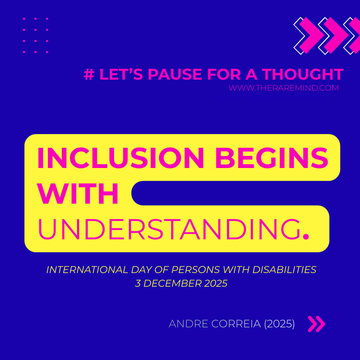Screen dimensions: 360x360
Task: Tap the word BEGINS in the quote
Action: pyautogui.click(x=272, y=158)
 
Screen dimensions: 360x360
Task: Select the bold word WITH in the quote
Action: pyautogui.click(x=77, y=193)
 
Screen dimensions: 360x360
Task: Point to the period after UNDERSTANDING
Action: pyautogui.click(x=306, y=236)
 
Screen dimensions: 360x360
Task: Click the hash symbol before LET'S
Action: pyautogui.click(x=89, y=74)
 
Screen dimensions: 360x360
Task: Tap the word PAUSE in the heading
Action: pyautogui.click(x=175, y=74)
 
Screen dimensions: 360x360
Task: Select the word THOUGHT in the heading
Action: pyautogui.click(x=303, y=74)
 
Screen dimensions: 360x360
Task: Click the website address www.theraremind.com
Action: pyautogui.click(x=284, y=88)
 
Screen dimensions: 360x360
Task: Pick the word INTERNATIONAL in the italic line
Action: pyautogui.click(x=87, y=270)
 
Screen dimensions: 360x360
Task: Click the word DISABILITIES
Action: pyautogui.click(x=284, y=270)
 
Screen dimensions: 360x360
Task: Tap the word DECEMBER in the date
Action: pyautogui.click(x=173, y=283)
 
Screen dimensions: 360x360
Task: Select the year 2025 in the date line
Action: pyautogui.click(x=216, y=283)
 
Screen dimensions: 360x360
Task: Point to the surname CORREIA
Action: pyautogui.click(x=236, y=324)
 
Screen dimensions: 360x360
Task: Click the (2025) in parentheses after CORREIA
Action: pyautogui.click(x=279, y=324)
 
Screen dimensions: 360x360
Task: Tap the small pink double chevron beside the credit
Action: pyautogui.click(x=316, y=324)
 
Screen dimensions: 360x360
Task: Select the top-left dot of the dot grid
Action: pyautogui.click(x=24, y=19)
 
